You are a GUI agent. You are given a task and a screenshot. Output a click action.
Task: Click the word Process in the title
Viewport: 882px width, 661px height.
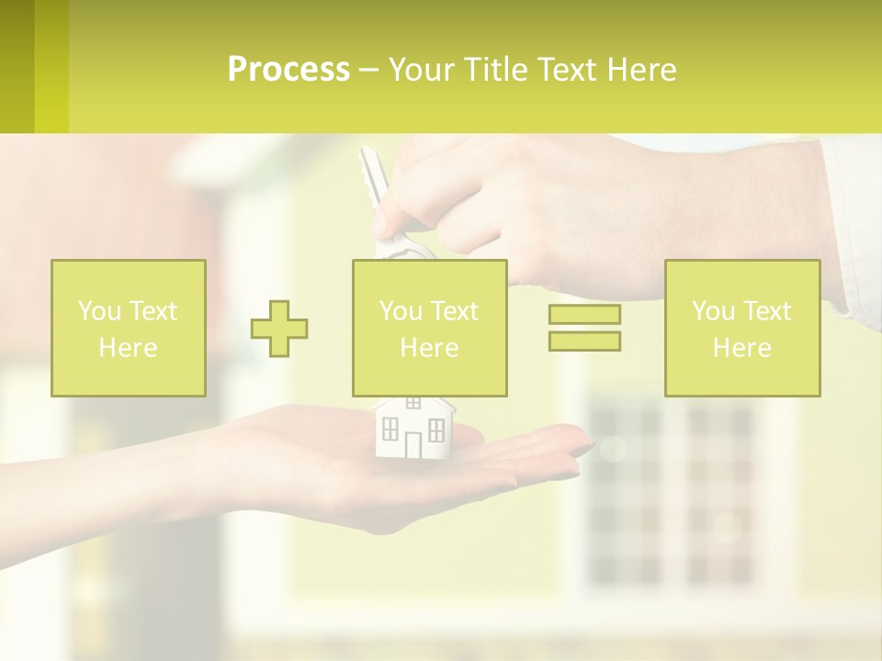(288, 70)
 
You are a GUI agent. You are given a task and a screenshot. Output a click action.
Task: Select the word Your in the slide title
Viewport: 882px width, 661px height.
(423, 70)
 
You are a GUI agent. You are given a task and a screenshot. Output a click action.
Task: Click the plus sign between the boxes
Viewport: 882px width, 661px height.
(279, 328)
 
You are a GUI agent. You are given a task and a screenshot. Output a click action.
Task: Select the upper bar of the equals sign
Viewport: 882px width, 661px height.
(584, 315)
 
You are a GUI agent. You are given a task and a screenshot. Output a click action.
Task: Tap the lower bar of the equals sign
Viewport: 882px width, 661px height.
(584, 341)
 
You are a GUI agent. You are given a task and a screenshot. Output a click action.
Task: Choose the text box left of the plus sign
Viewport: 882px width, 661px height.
(129, 328)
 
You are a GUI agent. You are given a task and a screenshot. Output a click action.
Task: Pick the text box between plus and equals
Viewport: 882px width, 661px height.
(429, 328)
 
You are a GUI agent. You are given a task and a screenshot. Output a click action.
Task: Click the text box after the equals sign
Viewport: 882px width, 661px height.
(742, 328)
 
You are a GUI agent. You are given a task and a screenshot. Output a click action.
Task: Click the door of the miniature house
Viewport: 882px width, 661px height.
(413, 444)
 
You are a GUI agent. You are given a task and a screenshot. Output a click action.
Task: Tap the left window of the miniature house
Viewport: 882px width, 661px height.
(390, 429)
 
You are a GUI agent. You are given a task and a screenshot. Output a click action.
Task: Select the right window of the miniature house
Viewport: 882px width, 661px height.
(436, 429)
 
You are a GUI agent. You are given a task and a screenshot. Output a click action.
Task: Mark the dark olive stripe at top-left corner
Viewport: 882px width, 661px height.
(17, 66)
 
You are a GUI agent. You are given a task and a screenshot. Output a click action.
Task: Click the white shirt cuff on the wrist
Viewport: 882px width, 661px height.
(850, 230)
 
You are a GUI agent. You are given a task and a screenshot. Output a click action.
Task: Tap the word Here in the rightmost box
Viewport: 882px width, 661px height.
(742, 348)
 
